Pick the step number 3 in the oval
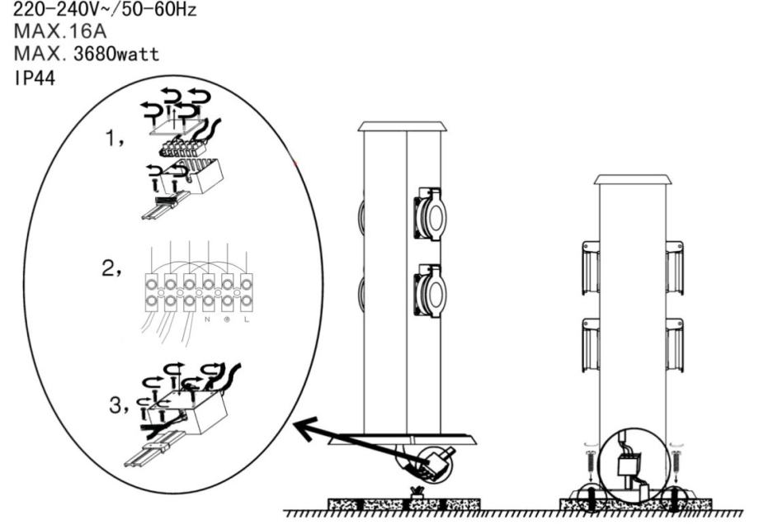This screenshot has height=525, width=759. tap(117, 405)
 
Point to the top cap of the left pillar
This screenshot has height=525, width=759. tap(403, 126)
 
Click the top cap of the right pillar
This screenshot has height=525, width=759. tap(634, 179)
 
